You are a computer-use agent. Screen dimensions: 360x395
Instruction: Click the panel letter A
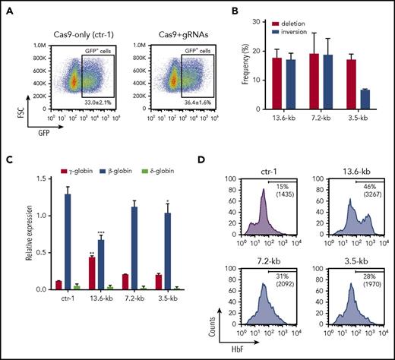click(x=6, y=7)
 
